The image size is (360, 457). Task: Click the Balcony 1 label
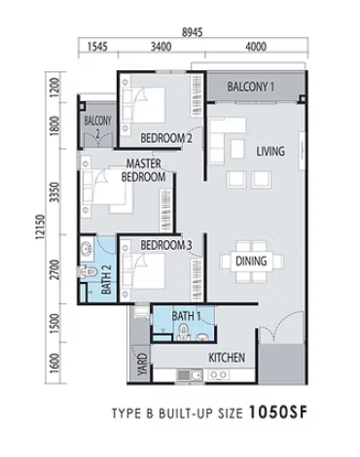(x=251, y=87)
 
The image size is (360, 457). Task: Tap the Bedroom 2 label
(x=166, y=138)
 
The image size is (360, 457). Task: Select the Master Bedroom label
(x=143, y=170)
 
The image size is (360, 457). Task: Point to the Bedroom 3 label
(x=166, y=245)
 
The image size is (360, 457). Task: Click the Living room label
(x=270, y=152)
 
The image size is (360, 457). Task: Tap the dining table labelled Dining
(x=252, y=262)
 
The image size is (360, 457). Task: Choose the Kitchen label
(x=227, y=358)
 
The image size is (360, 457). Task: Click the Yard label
(x=142, y=365)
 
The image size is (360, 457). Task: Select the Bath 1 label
(x=187, y=316)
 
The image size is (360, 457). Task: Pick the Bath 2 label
(x=107, y=279)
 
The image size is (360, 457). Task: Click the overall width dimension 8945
(x=193, y=33)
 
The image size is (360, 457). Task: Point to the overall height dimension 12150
(x=40, y=227)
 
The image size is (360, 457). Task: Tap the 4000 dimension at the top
(x=256, y=47)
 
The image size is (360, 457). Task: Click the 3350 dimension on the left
(x=55, y=193)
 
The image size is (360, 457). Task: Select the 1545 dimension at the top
(x=97, y=47)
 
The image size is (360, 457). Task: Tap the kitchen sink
(x=190, y=375)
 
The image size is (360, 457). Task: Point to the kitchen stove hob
(x=218, y=375)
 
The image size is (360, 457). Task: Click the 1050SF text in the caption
(x=277, y=412)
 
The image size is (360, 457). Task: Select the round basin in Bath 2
(x=87, y=248)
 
